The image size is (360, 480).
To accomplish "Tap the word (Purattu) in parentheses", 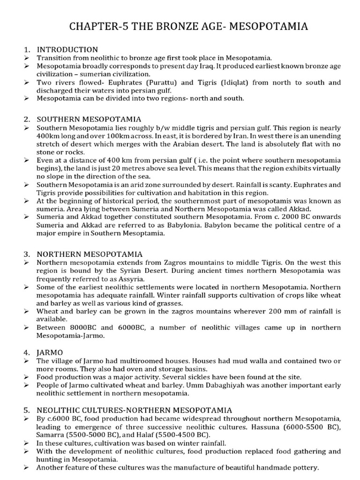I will pos(164,82).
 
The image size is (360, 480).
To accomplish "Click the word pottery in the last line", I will pos(305,468).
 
